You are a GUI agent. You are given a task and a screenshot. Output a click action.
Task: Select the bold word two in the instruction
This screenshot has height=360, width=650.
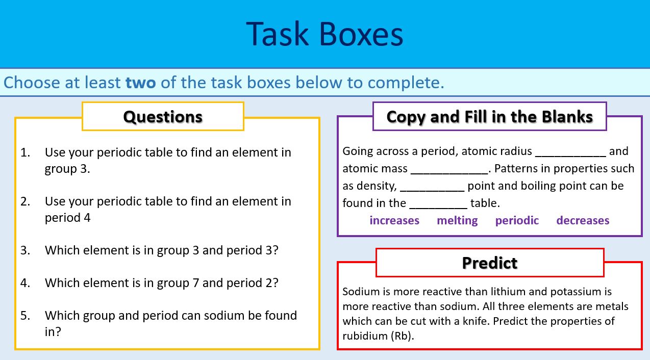point(140,82)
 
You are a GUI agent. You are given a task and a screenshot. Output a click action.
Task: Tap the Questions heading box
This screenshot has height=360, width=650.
point(163,117)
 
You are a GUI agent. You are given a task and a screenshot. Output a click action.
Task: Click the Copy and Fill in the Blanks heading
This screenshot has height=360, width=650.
point(489,117)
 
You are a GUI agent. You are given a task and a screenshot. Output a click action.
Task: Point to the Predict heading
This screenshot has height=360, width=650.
point(489,263)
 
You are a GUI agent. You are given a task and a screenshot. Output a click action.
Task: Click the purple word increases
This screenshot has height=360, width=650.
point(394,220)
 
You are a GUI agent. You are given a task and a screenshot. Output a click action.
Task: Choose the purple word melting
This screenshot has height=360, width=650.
point(457,220)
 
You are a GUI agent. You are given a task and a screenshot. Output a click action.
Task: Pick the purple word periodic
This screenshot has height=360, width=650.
point(517,220)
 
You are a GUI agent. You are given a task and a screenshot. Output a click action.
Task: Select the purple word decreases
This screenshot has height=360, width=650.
point(583,220)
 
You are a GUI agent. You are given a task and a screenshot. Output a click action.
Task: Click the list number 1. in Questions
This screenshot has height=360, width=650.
point(26,152)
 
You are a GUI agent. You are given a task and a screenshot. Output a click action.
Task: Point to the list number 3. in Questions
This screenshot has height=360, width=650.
point(26,250)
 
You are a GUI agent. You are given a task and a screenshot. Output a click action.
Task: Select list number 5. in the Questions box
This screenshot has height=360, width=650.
point(26,315)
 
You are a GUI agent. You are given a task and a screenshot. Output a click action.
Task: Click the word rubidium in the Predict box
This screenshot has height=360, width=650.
point(365,336)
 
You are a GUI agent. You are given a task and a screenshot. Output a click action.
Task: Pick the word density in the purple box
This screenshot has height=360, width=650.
point(378,186)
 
